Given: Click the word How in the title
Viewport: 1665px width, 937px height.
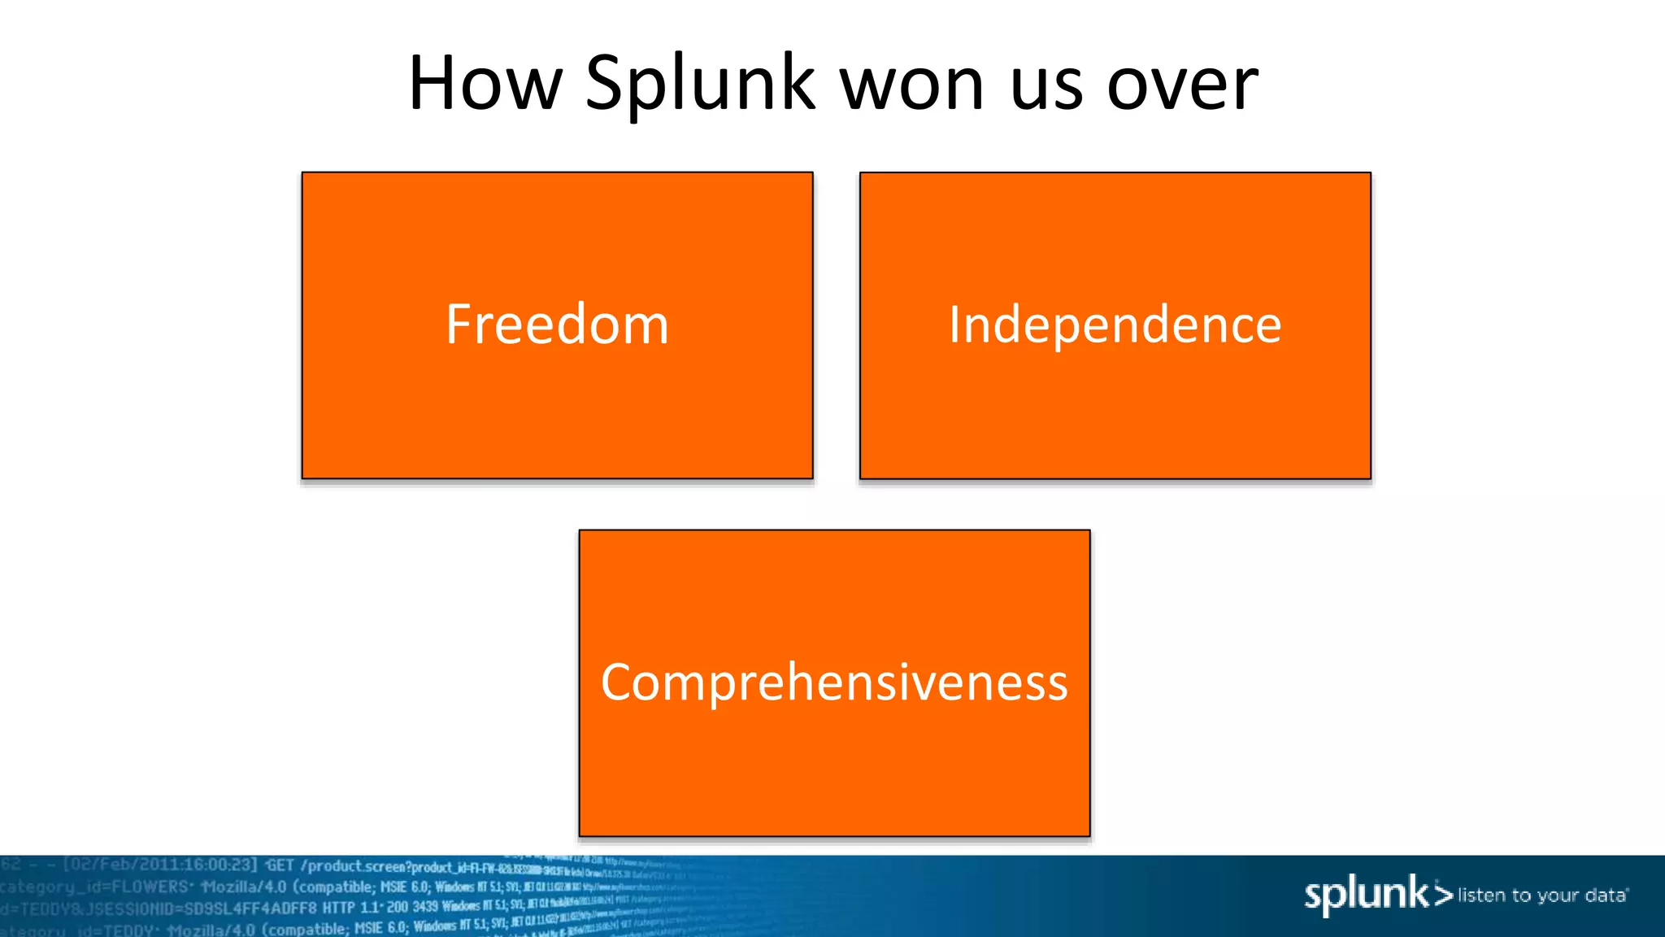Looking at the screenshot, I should coord(485,84).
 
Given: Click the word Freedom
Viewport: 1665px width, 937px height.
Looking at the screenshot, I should coord(557,325).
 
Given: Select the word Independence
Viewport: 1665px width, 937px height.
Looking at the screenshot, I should coord(1115,325).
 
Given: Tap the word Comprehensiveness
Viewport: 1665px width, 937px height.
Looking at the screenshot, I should coord(834,682).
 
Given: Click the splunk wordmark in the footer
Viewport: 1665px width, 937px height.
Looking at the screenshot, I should coord(1366,895).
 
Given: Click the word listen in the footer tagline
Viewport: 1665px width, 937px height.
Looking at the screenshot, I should coord(1482,896).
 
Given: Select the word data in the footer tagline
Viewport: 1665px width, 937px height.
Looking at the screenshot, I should coord(1605,896).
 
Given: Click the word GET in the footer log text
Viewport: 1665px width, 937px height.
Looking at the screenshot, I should coord(280,865).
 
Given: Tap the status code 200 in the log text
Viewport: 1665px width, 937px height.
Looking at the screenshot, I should coord(397,907).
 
